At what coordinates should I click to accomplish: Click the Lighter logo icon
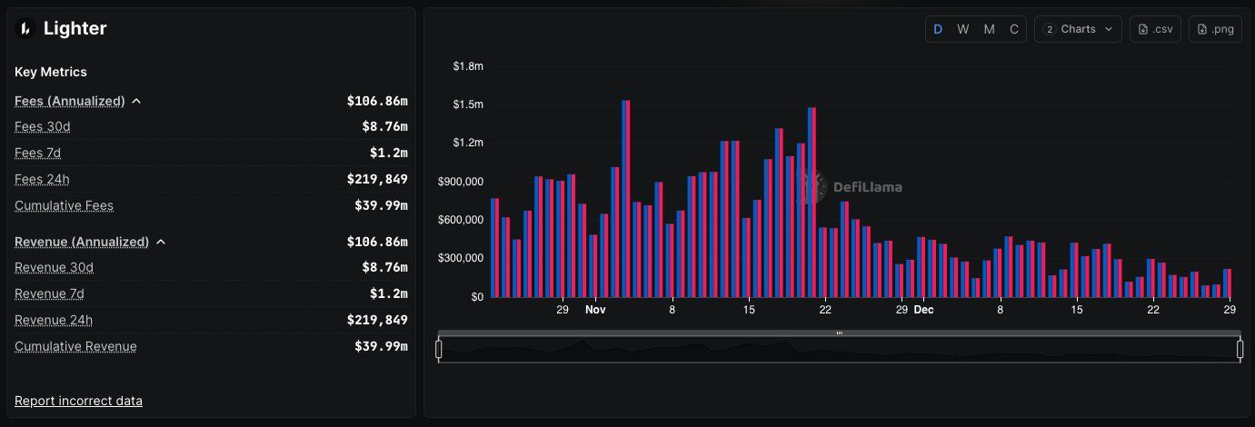pyautogui.click(x=25, y=29)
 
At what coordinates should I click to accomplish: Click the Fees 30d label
pyautogui.click(x=43, y=126)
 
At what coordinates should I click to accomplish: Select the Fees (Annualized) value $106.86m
pyautogui.click(x=377, y=101)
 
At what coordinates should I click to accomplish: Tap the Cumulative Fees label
pyautogui.click(x=64, y=205)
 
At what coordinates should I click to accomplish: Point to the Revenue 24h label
pyautogui.click(x=54, y=320)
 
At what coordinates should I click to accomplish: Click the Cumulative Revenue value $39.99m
pyautogui.click(x=381, y=346)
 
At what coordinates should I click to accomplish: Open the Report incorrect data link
pyautogui.click(x=78, y=401)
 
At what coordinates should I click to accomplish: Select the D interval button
pyautogui.click(x=938, y=29)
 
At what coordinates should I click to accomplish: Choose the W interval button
pyautogui.click(x=963, y=29)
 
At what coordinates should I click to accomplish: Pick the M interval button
pyautogui.click(x=989, y=29)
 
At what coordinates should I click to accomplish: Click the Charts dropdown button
pyautogui.click(x=1078, y=29)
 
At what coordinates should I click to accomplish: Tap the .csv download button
pyautogui.click(x=1154, y=29)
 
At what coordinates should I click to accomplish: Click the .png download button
pyautogui.click(x=1215, y=29)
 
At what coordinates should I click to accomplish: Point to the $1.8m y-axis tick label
pyautogui.click(x=468, y=66)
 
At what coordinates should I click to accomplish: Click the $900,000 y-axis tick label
pyautogui.click(x=462, y=182)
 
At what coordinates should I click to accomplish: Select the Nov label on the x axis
pyautogui.click(x=595, y=310)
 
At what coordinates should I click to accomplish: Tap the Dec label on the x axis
pyautogui.click(x=923, y=310)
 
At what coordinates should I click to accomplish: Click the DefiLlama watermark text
pyautogui.click(x=867, y=188)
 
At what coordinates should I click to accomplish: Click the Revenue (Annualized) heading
pyautogui.click(x=82, y=242)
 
